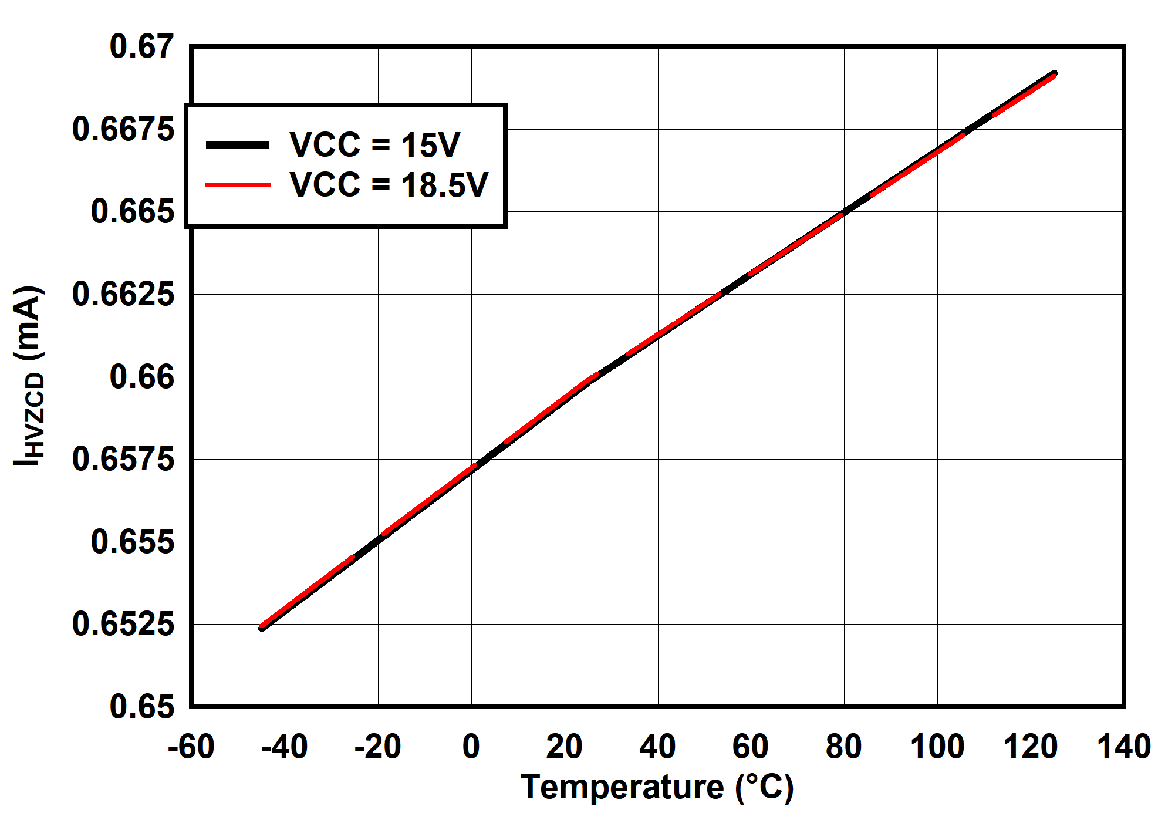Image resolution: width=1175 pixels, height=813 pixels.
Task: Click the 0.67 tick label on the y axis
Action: (141, 47)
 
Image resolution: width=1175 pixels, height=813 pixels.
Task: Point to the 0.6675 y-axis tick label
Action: (123, 129)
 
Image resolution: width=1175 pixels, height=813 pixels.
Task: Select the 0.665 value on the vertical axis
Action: (133, 211)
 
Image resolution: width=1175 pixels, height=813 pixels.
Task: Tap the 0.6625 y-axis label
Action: (123, 294)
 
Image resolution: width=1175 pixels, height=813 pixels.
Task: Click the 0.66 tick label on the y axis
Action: (141, 377)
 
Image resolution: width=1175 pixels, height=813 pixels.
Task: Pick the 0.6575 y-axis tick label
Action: (123, 459)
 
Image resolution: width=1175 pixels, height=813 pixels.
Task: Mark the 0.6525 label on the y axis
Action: (123, 624)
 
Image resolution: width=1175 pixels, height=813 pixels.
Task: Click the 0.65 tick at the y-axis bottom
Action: (141, 706)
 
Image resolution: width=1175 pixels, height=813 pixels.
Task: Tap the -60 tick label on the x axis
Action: (191, 747)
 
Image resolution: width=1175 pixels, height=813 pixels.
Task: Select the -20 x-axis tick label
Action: (377, 747)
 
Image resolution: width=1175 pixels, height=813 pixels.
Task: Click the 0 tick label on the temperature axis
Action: (471, 747)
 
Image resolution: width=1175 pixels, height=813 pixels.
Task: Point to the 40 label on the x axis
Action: (657, 747)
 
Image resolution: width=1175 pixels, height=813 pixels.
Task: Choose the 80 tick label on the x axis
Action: (843, 747)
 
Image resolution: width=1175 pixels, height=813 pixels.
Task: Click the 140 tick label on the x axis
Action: (1123, 747)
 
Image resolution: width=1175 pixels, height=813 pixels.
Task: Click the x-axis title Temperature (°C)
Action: (657, 787)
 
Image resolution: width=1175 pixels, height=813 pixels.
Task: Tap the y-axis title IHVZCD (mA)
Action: (28, 376)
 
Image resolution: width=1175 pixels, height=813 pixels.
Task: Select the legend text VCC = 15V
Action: (374, 144)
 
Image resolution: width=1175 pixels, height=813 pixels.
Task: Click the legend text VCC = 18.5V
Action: (389, 185)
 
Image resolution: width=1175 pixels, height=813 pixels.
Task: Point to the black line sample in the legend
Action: (238, 145)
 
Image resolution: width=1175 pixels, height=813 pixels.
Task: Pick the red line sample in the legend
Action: (238, 185)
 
